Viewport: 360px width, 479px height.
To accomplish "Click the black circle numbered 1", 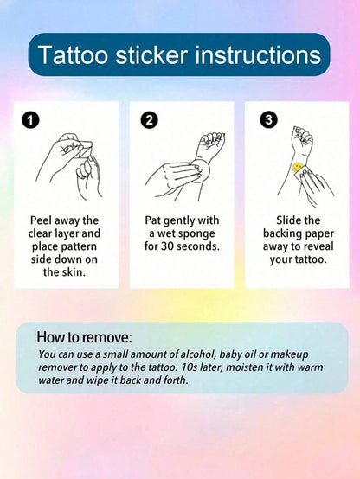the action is point(30,119).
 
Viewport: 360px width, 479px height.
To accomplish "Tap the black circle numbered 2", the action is point(149,119).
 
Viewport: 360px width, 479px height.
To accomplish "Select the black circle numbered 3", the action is point(268,119).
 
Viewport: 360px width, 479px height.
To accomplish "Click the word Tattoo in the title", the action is point(73,55).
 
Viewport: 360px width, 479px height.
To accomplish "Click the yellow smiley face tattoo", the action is point(298,167).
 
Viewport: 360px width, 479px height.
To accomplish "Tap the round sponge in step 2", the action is point(201,169).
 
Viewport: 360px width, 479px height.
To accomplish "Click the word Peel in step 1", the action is point(41,220).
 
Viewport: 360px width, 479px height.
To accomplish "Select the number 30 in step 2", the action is point(167,246).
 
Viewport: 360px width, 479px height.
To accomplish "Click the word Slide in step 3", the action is point(289,220).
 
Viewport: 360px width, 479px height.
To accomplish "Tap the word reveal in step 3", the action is point(318,246).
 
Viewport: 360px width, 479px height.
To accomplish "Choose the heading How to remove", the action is point(85,337).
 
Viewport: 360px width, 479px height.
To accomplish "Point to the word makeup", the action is point(289,355).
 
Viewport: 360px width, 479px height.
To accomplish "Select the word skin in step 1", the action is point(74,272).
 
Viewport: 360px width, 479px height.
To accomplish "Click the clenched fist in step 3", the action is point(302,137).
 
